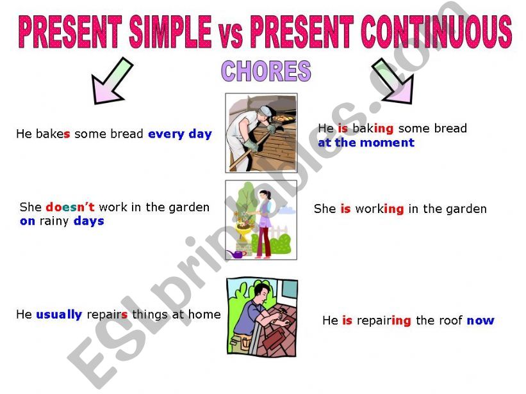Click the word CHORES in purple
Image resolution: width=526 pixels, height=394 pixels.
click(x=266, y=71)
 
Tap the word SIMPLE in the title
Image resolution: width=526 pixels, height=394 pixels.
click(x=170, y=32)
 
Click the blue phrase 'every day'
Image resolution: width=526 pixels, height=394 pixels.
click(x=180, y=134)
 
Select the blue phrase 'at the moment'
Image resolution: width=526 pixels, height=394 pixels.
click(x=366, y=143)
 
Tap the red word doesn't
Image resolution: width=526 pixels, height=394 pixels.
click(x=70, y=207)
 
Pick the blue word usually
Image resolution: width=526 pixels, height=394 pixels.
click(x=59, y=315)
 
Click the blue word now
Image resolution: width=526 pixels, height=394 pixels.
click(x=481, y=320)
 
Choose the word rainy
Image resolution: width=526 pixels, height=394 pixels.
click(x=54, y=221)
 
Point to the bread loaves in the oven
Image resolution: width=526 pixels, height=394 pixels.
click(x=283, y=118)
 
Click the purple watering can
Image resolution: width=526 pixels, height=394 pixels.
click(x=236, y=254)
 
